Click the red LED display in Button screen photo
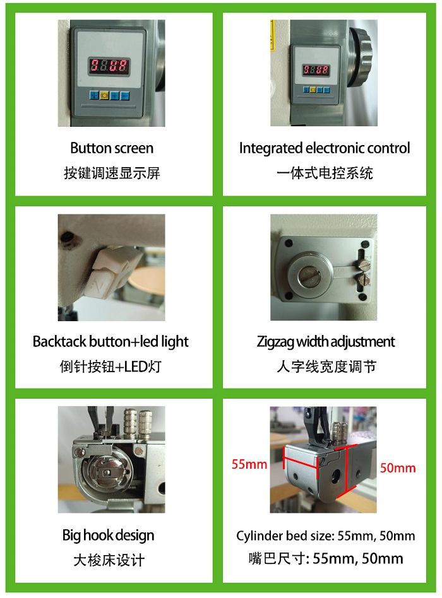pyautogui.click(x=109, y=66)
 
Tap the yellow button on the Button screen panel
pyautogui.click(x=104, y=95)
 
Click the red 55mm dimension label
pyautogui.click(x=249, y=464)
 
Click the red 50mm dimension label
pyautogui.click(x=398, y=468)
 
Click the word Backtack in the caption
pyautogui.click(x=59, y=341)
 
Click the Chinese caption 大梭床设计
pyautogui.click(x=109, y=560)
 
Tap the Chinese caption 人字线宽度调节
pyautogui.click(x=326, y=366)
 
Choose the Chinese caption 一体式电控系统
pyautogui.click(x=325, y=173)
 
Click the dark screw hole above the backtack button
pyautogui.click(x=69, y=236)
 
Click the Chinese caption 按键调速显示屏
pyautogui.click(x=112, y=173)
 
